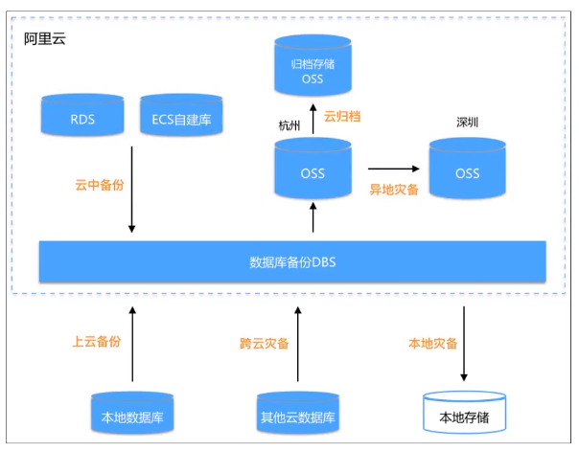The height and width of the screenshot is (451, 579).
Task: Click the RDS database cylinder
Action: tap(81, 117)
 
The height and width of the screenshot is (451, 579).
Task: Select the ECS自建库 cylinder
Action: tap(181, 117)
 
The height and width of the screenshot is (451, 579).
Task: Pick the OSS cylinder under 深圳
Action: tap(467, 169)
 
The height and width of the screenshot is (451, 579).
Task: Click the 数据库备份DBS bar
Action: tap(292, 261)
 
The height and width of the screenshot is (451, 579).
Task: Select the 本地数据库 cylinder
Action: tap(131, 413)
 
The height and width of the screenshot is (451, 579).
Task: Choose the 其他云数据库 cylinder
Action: tap(298, 413)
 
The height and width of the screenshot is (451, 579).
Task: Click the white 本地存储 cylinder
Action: tap(465, 413)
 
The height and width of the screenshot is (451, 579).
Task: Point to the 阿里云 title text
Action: tap(45, 40)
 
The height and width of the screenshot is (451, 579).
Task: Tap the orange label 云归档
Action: tap(341, 115)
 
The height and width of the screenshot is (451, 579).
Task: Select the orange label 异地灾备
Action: tap(394, 190)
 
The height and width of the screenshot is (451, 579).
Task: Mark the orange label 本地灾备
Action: tap(432, 343)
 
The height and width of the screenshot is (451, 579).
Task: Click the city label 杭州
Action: tap(289, 125)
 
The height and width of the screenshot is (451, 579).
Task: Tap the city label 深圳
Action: tap(467, 124)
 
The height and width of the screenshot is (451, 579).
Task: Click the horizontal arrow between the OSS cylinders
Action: tap(393, 168)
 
